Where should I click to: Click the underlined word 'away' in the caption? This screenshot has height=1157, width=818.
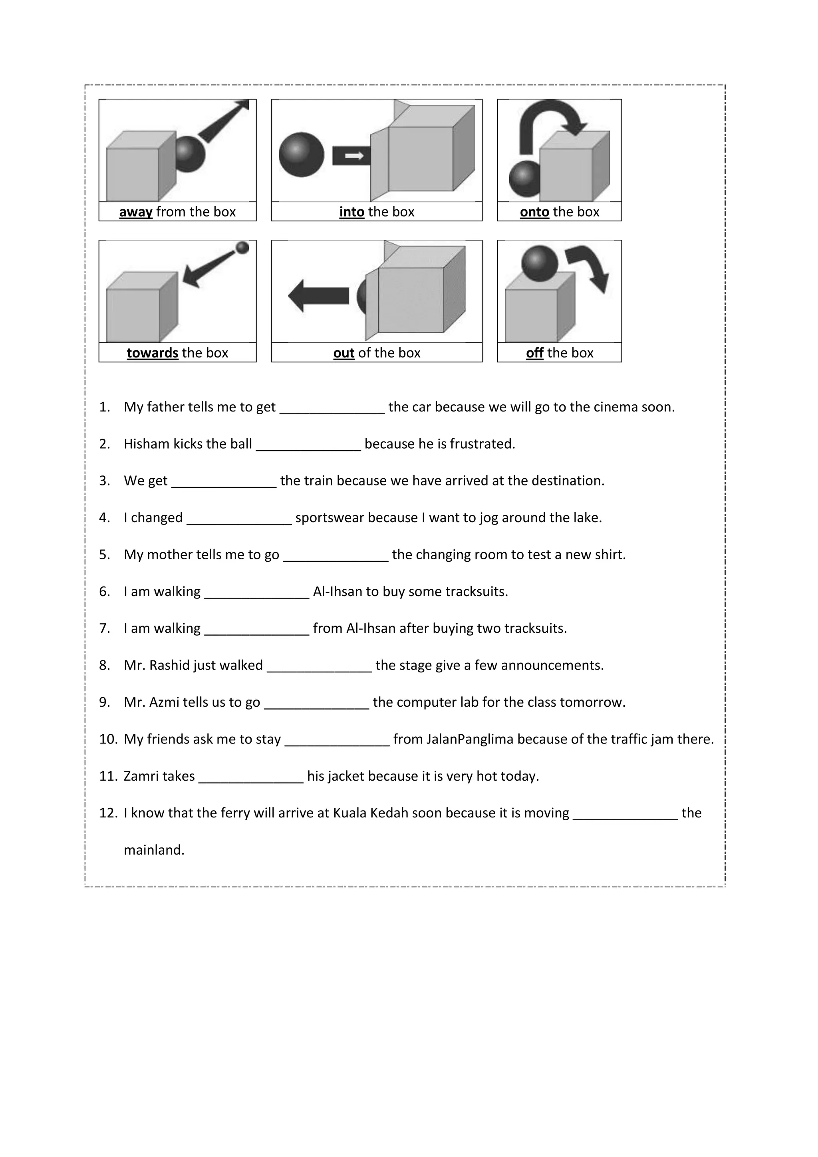(x=135, y=212)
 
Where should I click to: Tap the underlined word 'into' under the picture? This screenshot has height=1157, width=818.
(x=351, y=212)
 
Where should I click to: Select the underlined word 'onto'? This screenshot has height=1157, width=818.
(x=534, y=212)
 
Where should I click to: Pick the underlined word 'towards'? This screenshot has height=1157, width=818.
(x=152, y=353)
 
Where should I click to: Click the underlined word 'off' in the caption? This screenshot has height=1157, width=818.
(x=534, y=353)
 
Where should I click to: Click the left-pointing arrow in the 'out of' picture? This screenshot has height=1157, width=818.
(x=318, y=296)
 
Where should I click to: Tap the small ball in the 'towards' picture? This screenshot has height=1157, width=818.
(x=242, y=247)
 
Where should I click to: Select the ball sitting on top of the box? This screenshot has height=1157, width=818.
(x=540, y=264)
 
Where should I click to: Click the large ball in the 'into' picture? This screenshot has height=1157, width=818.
(x=302, y=154)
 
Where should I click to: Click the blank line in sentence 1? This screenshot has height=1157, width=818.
(x=332, y=409)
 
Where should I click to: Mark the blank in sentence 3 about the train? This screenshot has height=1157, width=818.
(x=224, y=483)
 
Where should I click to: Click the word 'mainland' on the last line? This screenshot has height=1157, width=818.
(x=154, y=850)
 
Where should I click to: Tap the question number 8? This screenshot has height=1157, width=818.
(x=105, y=665)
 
